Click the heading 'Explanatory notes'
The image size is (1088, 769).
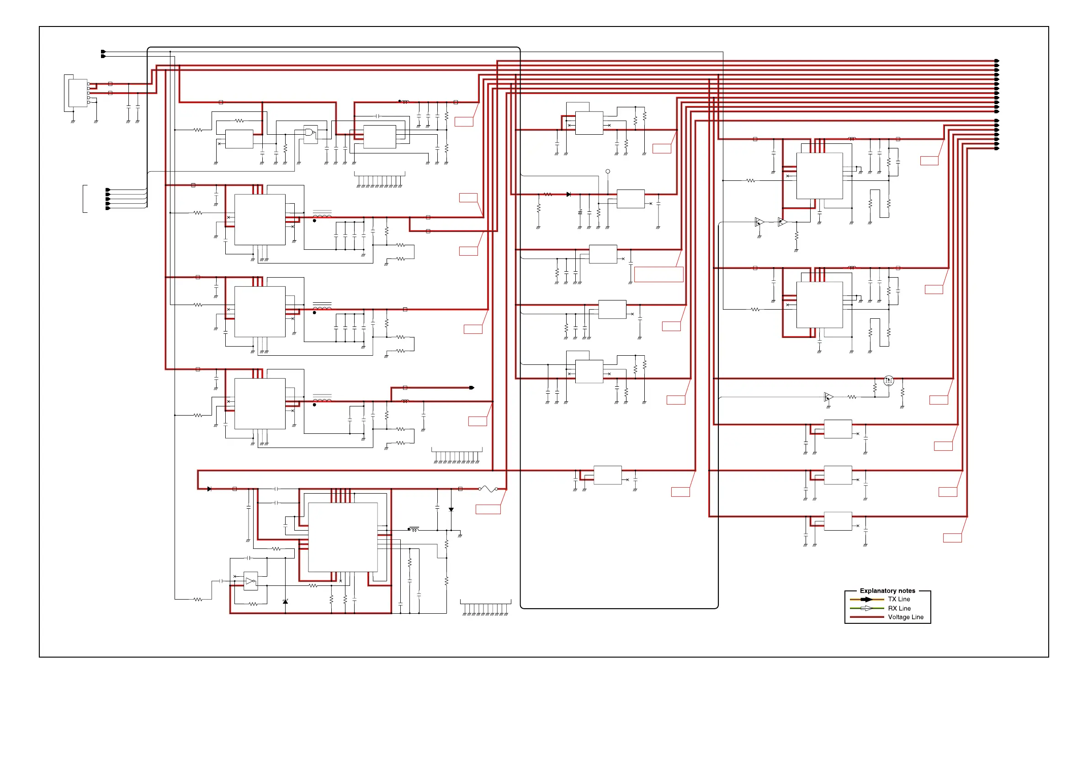pos(887,590)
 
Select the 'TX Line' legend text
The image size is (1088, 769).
pos(899,599)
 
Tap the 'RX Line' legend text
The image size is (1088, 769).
pos(899,608)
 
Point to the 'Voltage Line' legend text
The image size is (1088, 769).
pos(905,617)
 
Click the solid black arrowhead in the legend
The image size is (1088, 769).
pos(867,600)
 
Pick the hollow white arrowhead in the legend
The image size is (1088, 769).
pos(866,608)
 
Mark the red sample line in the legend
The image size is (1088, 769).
pos(867,617)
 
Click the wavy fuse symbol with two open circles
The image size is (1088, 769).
pos(488,489)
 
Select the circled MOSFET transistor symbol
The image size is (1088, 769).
pos(888,380)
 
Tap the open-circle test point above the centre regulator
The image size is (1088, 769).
pos(607,171)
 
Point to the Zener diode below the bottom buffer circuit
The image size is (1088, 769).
pos(285,601)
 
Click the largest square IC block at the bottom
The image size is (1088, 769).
pos(343,537)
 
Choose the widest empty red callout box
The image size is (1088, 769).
pos(658,274)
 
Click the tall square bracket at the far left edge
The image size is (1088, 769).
pos(85,199)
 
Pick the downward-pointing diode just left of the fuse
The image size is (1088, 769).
pos(451,510)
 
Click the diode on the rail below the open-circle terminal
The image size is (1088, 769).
pos(568,194)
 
